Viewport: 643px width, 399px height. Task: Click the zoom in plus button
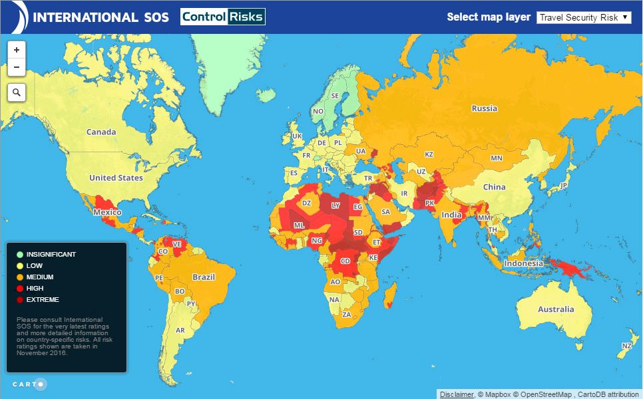[17, 49]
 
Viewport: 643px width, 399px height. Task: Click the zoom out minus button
[17, 67]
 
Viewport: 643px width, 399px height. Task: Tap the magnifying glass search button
[17, 92]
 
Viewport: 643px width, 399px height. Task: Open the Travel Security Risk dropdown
[584, 17]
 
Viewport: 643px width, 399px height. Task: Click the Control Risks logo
[223, 17]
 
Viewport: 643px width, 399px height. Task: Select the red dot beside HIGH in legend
[20, 288]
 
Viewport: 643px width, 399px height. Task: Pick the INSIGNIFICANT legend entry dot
[20, 254]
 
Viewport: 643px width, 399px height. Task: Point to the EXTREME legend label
[43, 300]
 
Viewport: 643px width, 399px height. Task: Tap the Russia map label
[484, 108]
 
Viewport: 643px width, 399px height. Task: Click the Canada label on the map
[101, 132]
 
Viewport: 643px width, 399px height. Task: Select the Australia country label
[556, 309]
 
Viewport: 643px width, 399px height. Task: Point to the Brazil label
[204, 277]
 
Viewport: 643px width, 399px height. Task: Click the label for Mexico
[107, 212]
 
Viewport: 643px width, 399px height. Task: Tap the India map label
[451, 215]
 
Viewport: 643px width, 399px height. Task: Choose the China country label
[495, 187]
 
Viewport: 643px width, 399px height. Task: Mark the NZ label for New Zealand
[626, 346]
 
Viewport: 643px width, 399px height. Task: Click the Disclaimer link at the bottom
[456, 394]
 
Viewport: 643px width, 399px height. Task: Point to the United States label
[116, 178]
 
